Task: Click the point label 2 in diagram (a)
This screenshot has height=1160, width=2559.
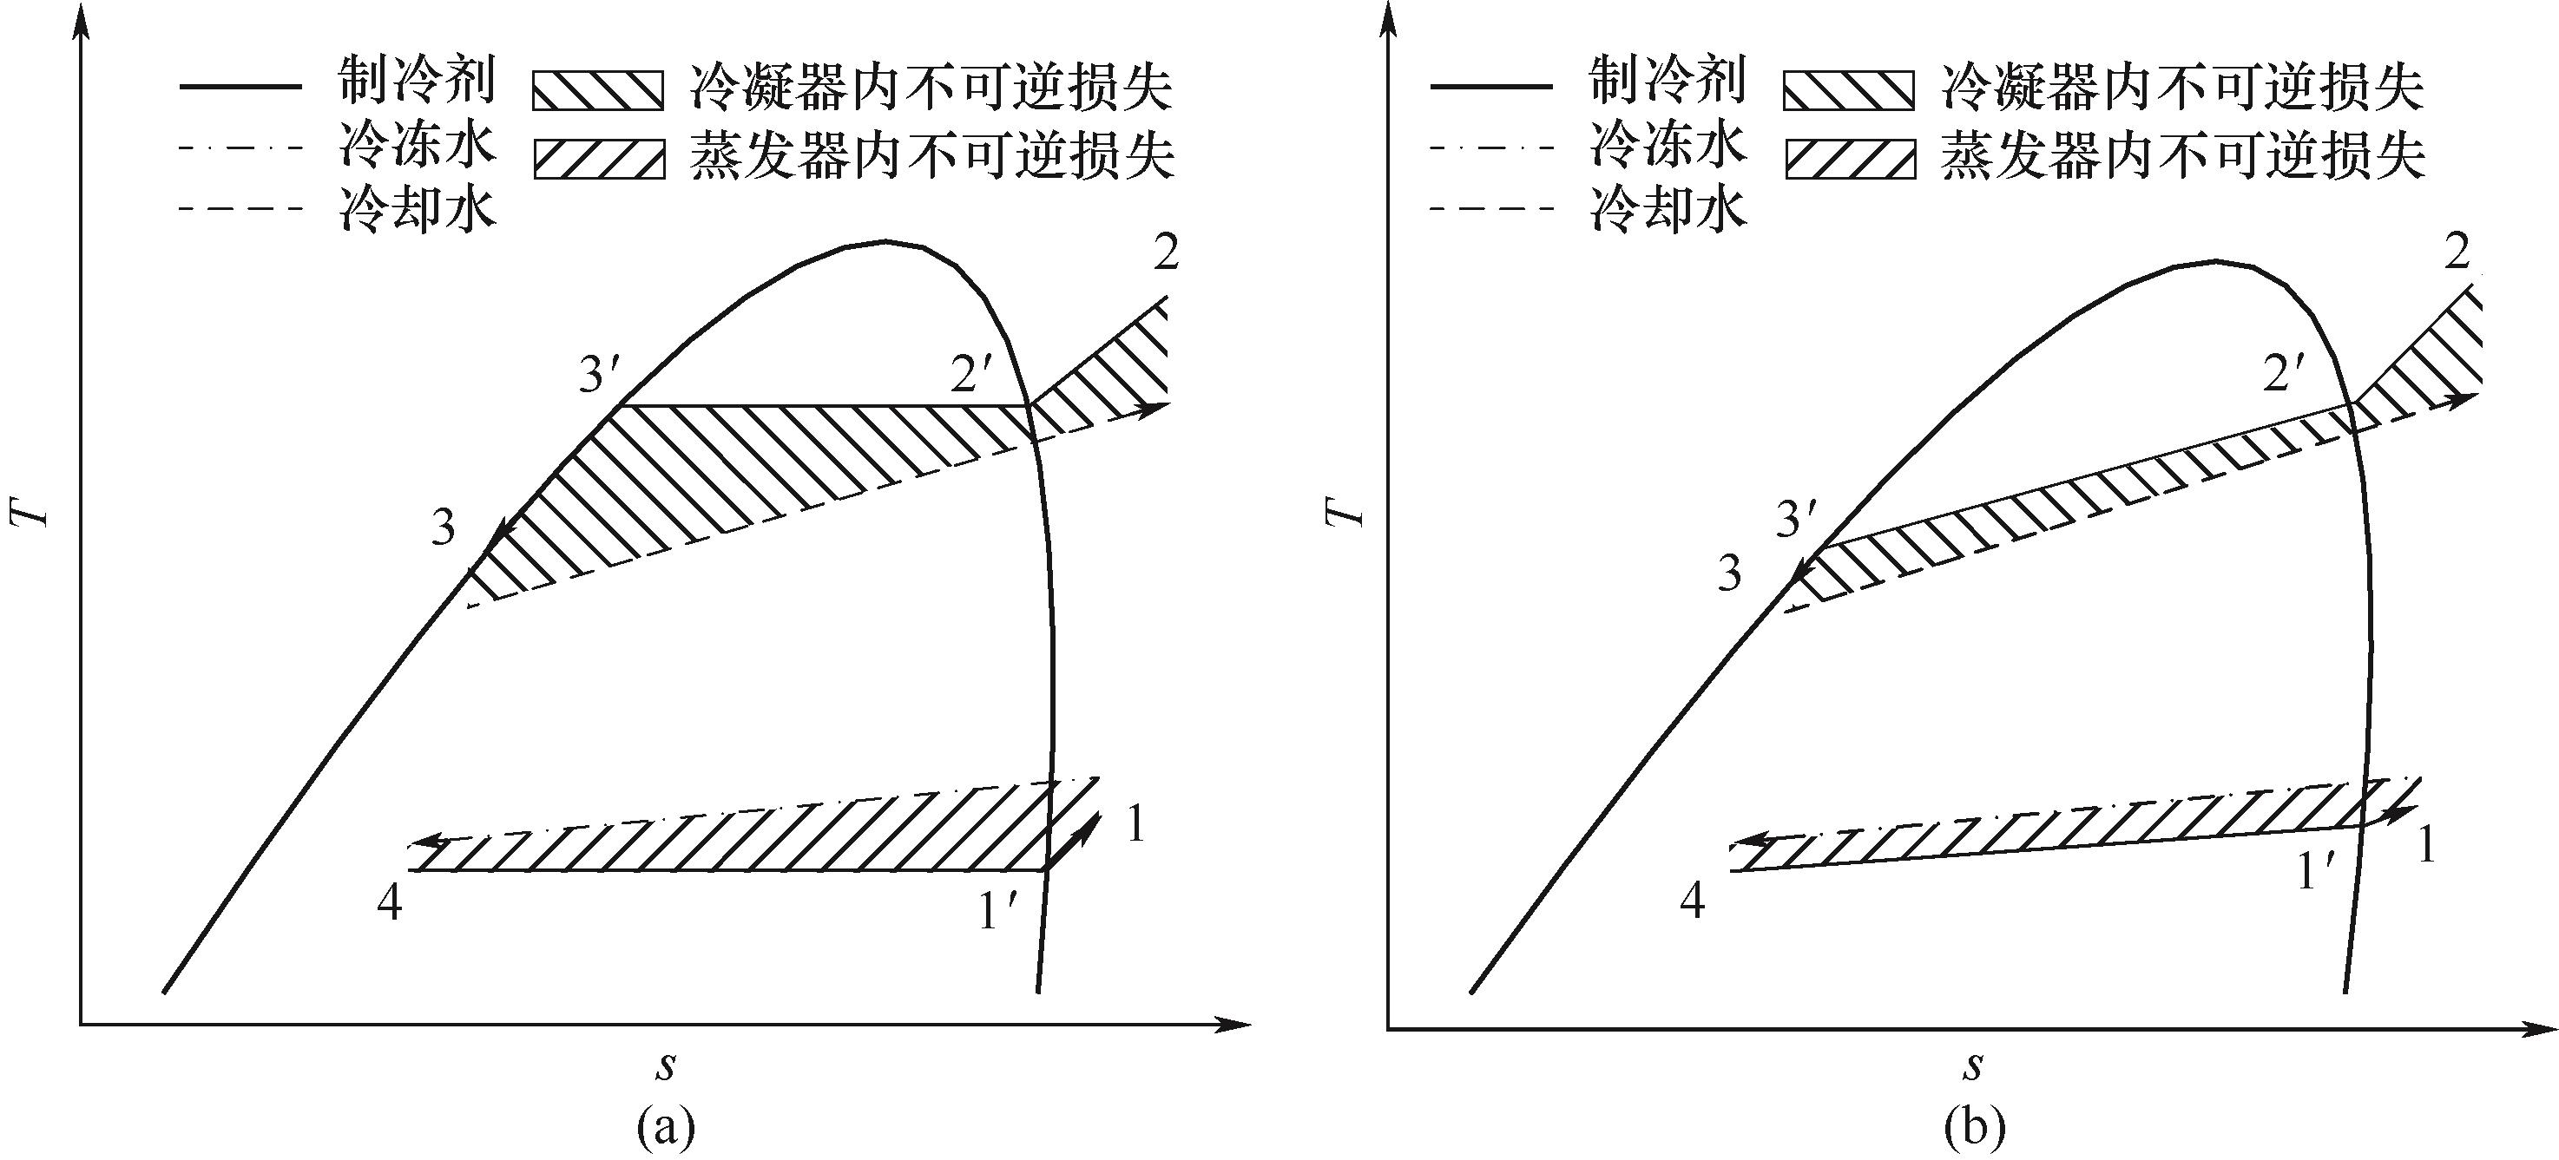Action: [x=1167, y=253]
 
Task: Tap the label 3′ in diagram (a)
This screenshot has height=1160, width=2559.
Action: [x=600, y=376]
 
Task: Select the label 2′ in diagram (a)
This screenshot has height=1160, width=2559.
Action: [x=971, y=375]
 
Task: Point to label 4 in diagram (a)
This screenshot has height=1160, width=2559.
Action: [x=390, y=904]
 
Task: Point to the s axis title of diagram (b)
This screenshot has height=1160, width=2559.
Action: [x=1973, y=1066]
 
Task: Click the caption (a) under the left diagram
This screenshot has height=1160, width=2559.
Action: [x=665, y=1128]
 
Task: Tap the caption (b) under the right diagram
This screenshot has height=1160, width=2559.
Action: [x=1973, y=1128]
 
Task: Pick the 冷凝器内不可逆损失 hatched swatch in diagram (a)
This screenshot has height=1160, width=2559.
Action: [x=598, y=88]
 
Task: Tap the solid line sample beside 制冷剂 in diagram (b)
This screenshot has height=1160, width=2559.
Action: [x=1491, y=88]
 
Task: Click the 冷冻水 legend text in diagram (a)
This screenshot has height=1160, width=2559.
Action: [x=415, y=145]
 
